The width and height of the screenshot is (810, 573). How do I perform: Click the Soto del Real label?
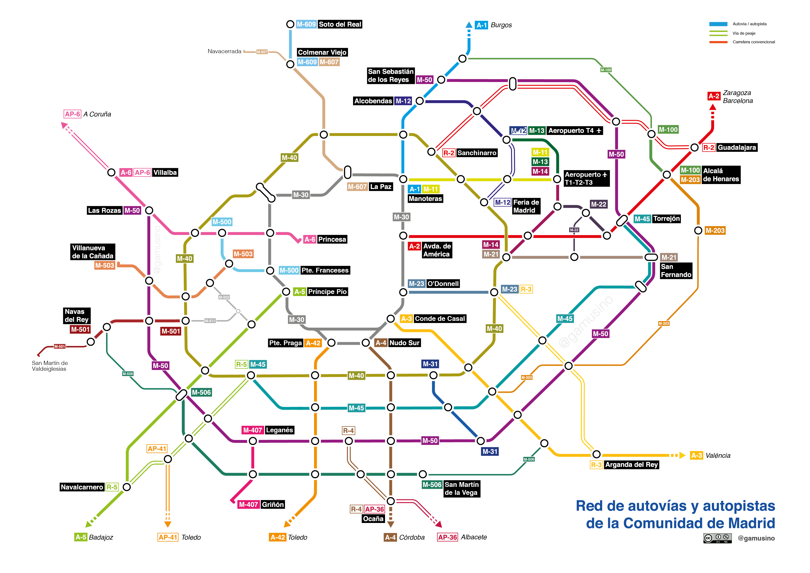(x=340, y=24)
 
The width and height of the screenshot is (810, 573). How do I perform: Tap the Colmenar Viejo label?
(x=322, y=52)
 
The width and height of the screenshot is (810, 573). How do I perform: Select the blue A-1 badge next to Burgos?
(x=481, y=25)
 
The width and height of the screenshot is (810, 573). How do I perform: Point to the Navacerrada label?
(x=224, y=51)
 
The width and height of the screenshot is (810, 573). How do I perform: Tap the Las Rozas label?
(x=104, y=211)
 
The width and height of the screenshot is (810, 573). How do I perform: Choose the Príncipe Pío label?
(x=327, y=292)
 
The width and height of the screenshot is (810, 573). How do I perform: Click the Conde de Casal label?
(x=440, y=318)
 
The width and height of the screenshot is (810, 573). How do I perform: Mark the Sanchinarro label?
(x=477, y=153)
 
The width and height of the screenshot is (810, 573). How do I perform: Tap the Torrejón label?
(x=666, y=219)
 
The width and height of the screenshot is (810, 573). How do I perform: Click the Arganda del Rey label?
(x=631, y=465)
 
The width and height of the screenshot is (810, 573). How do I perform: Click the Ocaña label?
(x=373, y=519)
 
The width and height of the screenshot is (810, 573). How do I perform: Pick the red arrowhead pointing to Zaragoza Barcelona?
(x=713, y=107)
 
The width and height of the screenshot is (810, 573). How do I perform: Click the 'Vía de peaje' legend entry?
(x=744, y=33)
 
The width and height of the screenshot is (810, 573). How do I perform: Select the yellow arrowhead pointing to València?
(x=682, y=456)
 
